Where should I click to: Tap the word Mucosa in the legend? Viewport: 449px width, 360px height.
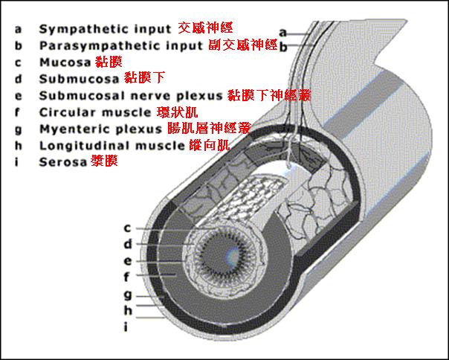pyautogui.click(x=65, y=62)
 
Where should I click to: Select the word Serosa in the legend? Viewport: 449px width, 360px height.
pyautogui.click(x=62, y=161)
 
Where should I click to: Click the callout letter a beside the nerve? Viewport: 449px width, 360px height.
pyautogui.click(x=282, y=32)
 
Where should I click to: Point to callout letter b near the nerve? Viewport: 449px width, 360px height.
pyautogui.click(x=282, y=47)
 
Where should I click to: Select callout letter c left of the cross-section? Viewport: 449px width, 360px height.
pyautogui.click(x=127, y=228)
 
